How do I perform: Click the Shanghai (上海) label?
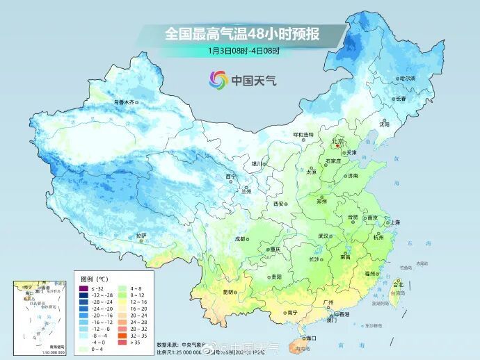point(395,222)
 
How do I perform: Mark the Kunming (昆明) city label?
point(227,292)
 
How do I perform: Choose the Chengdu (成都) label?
point(241,238)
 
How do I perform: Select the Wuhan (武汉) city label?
point(323,236)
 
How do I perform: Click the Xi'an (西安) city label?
point(279,204)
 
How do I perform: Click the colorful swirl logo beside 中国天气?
point(218,81)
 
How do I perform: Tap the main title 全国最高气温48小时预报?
point(239,33)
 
